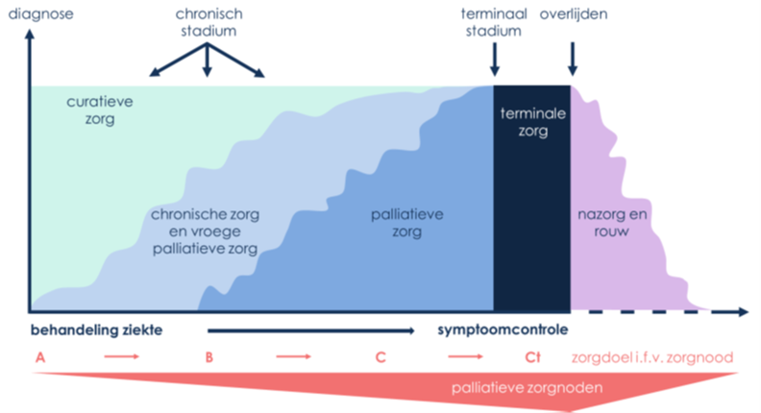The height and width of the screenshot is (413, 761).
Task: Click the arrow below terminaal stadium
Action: pyautogui.click(x=495, y=60)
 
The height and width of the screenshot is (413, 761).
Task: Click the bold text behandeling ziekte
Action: pyautogui.click(x=95, y=330)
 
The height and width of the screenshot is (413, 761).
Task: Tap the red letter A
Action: pyautogui.click(x=39, y=357)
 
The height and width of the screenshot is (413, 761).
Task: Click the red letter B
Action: pyautogui.click(x=209, y=357)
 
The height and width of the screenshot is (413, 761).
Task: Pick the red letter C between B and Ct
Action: pyautogui.click(x=380, y=357)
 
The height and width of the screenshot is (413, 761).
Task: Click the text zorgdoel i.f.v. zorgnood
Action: pyautogui.click(x=652, y=357)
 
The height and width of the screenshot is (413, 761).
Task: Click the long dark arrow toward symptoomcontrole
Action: pyautogui.click(x=317, y=330)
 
